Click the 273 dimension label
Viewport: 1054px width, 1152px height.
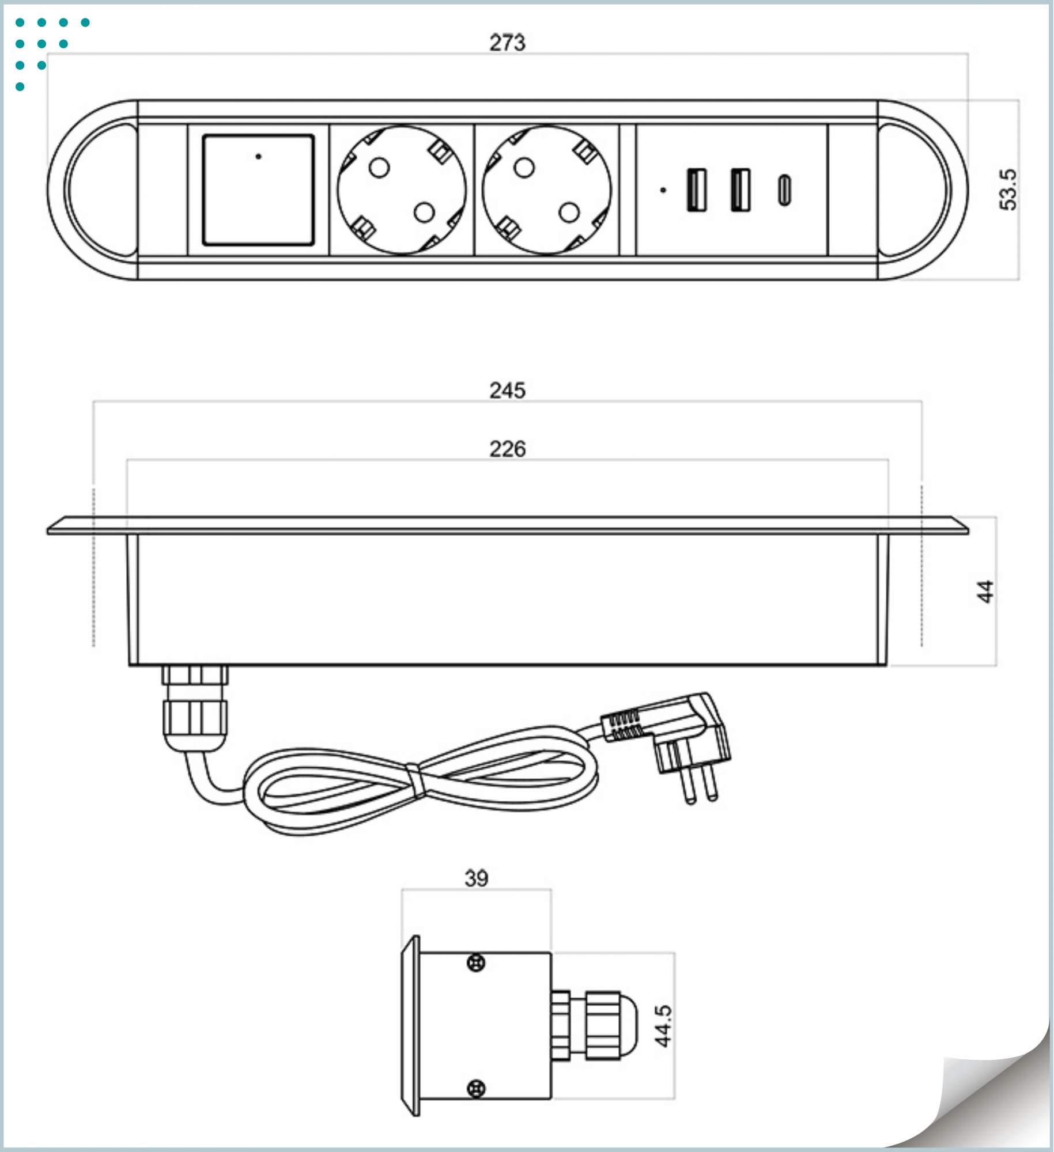[x=507, y=43]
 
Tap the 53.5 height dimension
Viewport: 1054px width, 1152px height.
[x=1008, y=190]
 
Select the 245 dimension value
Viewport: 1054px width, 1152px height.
[x=507, y=391]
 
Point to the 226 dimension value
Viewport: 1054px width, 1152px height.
[x=507, y=449]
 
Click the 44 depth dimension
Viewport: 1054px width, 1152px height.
[x=985, y=592]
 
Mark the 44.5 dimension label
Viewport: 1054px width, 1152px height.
[x=663, y=1026]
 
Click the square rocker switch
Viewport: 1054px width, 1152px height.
[x=258, y=190]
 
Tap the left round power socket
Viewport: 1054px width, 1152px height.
[x=402, y=190]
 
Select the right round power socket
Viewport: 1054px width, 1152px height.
[x=547, y=190]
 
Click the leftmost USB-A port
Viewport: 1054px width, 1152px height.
[x=696, y=190]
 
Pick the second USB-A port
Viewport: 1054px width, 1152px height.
[x=741, y=190]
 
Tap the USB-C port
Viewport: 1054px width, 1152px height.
[x=784, y=190]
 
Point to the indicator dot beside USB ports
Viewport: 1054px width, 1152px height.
[x=663, y=190]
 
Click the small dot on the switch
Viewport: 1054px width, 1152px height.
[x=258, y=156]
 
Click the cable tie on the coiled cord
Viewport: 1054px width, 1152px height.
[x=416, y=781]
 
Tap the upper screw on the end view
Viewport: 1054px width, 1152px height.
[x=475, y=962]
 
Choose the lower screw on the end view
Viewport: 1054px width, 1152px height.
[x=475, y=1089]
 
